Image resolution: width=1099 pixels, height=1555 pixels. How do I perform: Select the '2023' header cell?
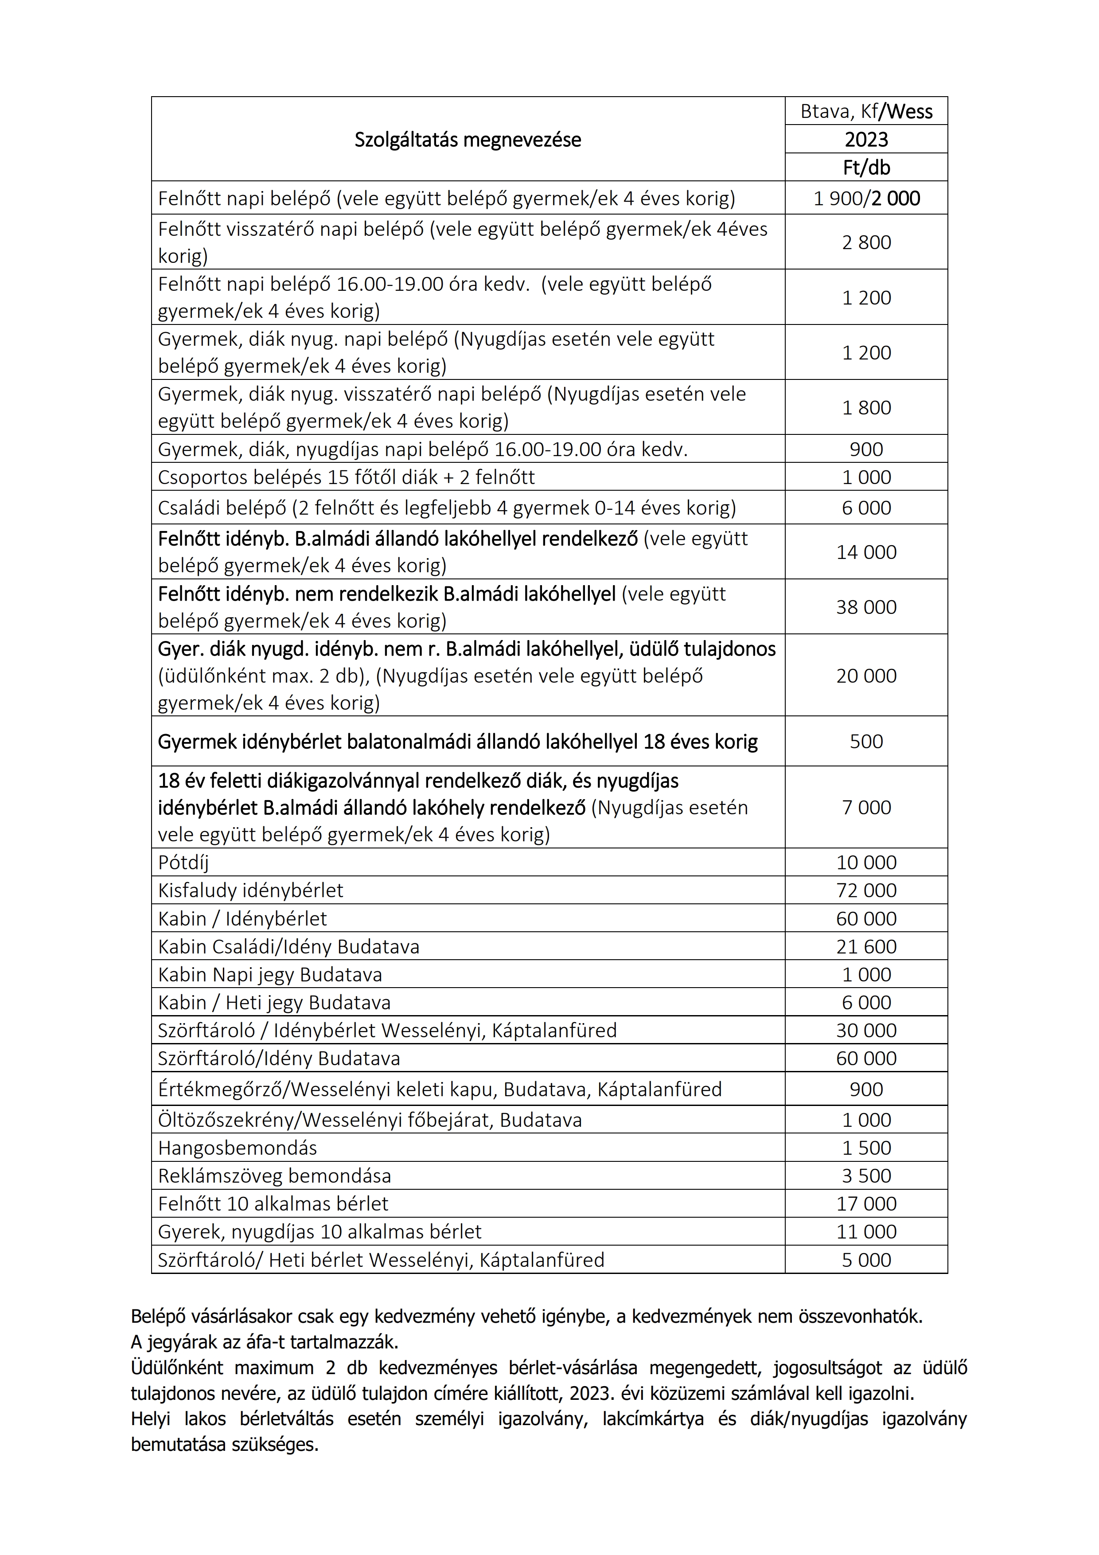866,140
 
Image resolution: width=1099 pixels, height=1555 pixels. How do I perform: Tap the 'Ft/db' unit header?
866,167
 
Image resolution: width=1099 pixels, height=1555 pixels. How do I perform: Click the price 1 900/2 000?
866,199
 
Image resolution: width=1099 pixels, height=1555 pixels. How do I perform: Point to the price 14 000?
866,552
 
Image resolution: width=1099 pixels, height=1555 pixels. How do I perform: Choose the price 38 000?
866,607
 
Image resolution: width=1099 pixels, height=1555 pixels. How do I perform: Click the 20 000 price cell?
866,675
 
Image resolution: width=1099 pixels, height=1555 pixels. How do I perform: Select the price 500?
866,741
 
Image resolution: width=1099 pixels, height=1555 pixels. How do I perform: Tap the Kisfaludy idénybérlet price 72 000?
866,890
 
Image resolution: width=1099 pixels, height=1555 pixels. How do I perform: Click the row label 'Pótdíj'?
183,862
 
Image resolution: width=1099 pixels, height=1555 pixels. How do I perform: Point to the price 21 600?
866,946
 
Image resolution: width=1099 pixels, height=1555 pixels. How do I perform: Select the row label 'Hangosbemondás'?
238,1147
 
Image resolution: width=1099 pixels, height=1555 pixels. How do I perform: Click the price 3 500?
866,1176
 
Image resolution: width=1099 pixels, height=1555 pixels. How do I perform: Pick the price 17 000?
866,1203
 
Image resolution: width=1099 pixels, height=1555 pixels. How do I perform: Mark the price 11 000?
866,1231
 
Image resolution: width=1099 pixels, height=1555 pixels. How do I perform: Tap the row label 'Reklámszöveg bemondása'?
274,1176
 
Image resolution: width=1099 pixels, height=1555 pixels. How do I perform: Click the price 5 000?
866,1260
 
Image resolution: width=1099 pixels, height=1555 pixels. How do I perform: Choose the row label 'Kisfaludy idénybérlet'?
250,890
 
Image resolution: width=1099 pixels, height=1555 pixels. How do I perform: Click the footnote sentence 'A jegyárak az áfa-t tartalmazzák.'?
265,1342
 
